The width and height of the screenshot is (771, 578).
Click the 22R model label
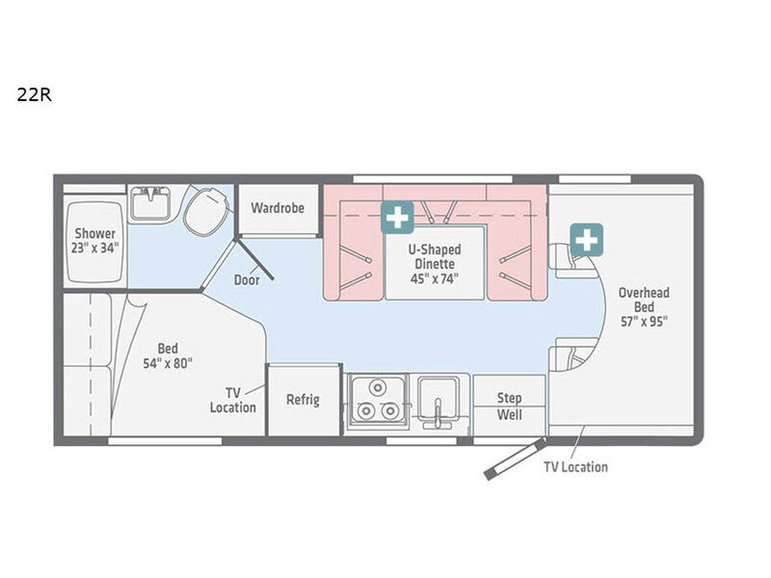34,93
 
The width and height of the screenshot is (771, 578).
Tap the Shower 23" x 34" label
94,240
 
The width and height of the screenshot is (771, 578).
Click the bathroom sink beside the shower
150,203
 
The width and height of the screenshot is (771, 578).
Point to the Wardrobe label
278,208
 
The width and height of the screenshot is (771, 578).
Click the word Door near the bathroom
247,279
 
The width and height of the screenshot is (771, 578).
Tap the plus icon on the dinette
397,218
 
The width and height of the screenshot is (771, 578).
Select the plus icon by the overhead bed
587,240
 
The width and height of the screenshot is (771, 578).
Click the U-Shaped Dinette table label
435,264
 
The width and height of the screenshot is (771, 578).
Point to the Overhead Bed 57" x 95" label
644,307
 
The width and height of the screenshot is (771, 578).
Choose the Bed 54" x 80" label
168,355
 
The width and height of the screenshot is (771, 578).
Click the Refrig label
303,400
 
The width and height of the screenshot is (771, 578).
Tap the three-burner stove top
377,400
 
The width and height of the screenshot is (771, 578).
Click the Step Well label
509,406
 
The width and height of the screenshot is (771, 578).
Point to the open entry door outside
515,460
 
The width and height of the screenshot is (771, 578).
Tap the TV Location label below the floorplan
575,467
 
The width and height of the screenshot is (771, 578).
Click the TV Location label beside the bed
232,400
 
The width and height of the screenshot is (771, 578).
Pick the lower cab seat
571,355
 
